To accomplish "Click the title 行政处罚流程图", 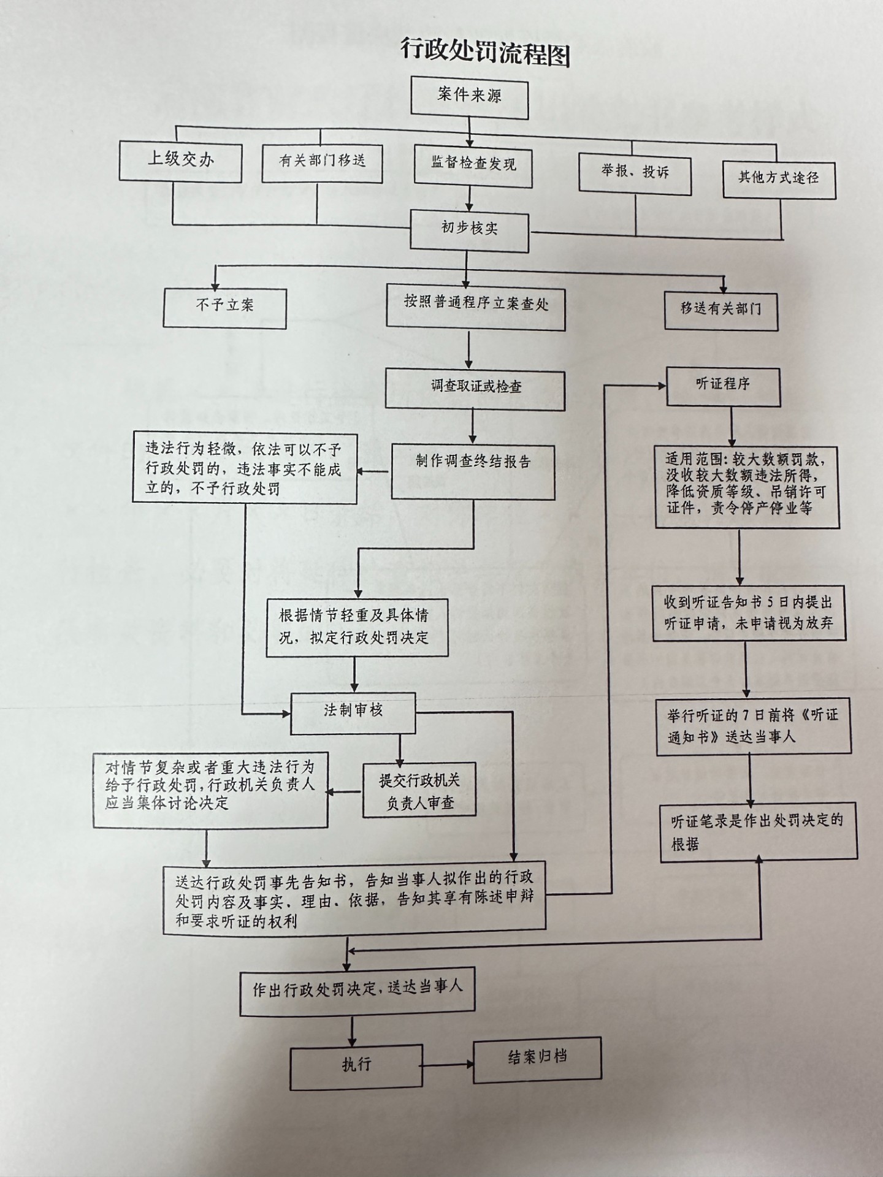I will coord(486,51).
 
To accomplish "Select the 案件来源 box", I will coord(469,96).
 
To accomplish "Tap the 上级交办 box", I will coord(180,161).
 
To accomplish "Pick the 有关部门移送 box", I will coord(322,162).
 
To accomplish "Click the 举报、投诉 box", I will coord(635,174).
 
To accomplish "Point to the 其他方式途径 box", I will coord(779,179).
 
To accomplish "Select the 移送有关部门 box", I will coord(721,310).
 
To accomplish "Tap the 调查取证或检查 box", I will coord(475,387).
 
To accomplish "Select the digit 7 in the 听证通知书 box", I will coord(746,715).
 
